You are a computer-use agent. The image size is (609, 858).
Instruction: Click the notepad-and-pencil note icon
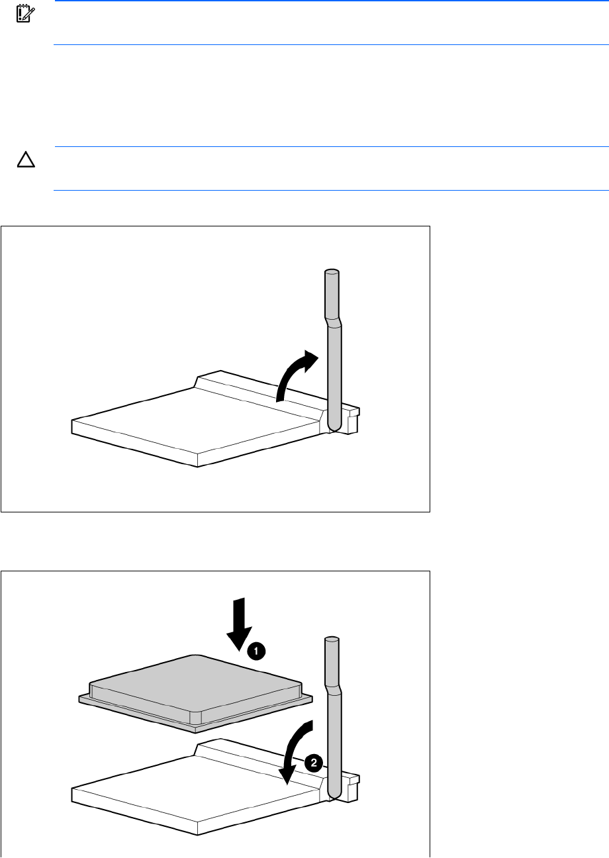coord(26,13)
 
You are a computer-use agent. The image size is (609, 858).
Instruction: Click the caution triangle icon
coord(26,160)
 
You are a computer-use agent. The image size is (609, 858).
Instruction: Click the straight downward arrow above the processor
coord(240,624)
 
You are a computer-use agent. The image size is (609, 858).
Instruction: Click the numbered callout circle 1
coord(256,651)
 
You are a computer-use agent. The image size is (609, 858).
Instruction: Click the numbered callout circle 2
coord(314,763)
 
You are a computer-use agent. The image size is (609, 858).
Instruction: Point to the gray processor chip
coord(196,692)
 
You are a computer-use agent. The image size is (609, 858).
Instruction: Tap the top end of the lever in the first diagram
coord(332,272)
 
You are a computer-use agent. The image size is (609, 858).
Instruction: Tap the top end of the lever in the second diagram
coord(332,640)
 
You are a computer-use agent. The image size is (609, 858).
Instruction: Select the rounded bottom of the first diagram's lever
coord(334,425)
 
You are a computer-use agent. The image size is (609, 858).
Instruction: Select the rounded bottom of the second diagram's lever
coord(334,793)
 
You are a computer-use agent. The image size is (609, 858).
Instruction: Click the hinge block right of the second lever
coord(351,787)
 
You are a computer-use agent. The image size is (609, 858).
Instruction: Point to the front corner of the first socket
coord(198,467)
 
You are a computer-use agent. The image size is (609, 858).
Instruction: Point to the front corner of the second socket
coord(198,835)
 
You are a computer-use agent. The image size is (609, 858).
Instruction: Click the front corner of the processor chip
coord(195,733)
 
